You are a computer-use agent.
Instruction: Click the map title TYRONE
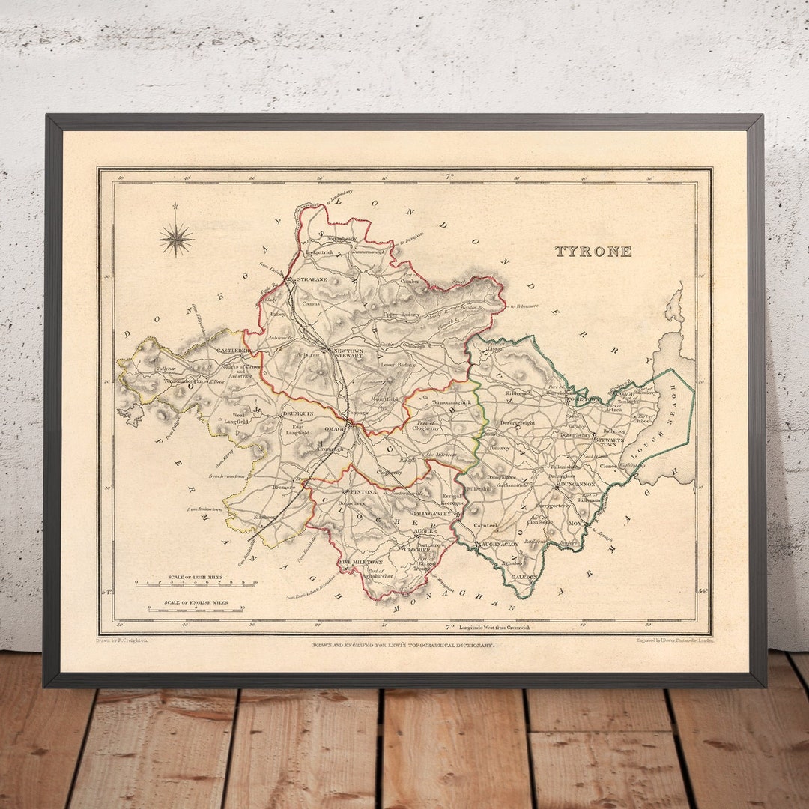point(593,252)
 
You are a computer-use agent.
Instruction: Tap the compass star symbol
point(176,239)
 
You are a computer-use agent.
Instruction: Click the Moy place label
point(575,523)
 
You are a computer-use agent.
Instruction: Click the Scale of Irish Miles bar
point(196,582)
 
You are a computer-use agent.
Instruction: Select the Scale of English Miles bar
point(196,609)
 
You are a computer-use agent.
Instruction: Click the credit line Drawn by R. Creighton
point(123,641)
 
